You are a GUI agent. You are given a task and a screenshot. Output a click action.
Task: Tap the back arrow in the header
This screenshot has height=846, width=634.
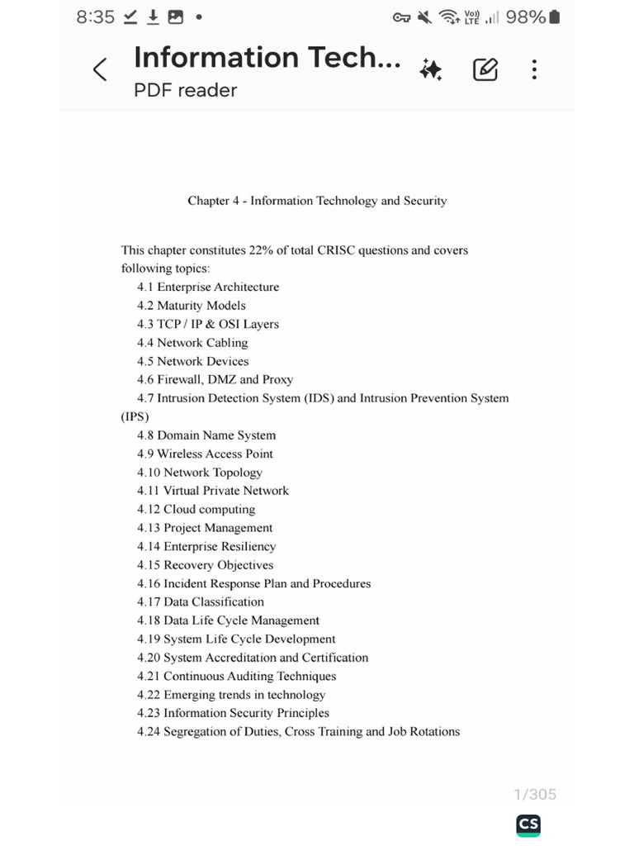(x=100, y=70)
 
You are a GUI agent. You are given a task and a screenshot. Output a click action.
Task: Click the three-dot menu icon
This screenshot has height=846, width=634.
(x=534, y=70)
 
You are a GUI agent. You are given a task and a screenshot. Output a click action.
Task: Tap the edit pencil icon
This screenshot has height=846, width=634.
(x=485, y=70)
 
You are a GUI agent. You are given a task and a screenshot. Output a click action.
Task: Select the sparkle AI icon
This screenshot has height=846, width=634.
(x=430, y=70)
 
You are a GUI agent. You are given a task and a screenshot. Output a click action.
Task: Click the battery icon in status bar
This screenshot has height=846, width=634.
(x=554, y=17)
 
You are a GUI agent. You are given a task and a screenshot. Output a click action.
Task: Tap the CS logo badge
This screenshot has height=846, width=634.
(x=528, y=825)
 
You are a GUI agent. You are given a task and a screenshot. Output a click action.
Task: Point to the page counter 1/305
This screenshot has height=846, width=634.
(x=535, y=795)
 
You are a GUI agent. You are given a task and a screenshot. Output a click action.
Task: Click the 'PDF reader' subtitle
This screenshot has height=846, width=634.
(x=185, y=90)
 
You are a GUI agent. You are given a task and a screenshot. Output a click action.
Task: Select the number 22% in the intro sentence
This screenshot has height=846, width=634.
(x=261, y=250)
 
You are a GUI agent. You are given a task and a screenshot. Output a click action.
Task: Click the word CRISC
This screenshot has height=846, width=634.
(x=335, y=250)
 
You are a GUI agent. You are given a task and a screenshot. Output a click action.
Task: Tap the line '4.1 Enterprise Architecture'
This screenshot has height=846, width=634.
(x=208, y=288)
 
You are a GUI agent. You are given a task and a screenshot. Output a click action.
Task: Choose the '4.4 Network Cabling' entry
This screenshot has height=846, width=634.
(x=192, y=343)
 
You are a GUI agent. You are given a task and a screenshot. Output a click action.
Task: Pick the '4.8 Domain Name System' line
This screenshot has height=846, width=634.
(x=206, y=435)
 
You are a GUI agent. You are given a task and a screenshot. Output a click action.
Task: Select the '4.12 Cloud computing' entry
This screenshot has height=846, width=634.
(x=196, y=510)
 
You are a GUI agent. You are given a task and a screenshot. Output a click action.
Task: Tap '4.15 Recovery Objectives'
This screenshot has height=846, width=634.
(x=205, y=565)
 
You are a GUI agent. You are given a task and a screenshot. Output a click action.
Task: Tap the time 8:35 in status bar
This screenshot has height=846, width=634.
(x=95, y=17)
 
